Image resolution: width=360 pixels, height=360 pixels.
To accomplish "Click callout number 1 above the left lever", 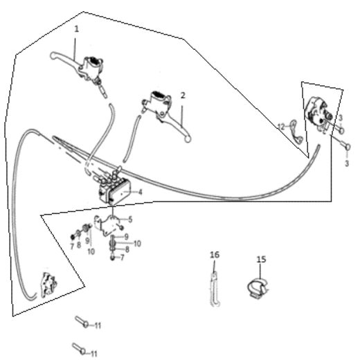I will coord(76,29).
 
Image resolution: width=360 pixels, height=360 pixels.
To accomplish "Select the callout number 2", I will coord(183,95).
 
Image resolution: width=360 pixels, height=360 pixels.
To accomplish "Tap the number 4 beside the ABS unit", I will coord(141,192).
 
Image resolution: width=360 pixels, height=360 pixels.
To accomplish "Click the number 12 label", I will coord(282,126).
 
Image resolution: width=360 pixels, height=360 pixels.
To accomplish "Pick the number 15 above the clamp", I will coord(261,259).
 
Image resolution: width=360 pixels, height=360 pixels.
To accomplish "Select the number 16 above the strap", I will coord(214,255).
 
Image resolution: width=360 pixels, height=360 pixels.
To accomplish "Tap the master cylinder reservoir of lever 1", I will coord(91,64).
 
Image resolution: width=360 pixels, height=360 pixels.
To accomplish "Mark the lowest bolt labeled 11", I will coord(78,348).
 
